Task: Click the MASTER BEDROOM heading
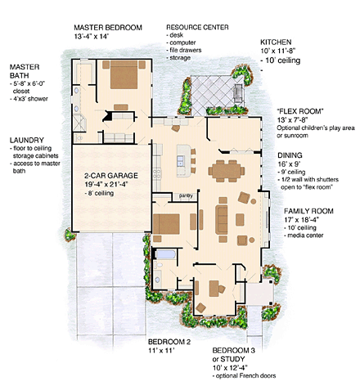(x=108, y=28)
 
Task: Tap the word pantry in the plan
(x=186, y=195)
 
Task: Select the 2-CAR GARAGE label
(x=111, y=176)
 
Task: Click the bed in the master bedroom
(x=124, y=74)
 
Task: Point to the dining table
(x=227, y=171)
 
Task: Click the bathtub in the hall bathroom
(x=166, y=254)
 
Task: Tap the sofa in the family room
(x=222, y=220)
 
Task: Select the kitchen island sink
(x=180, y=161)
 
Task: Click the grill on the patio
(x=238, y=93)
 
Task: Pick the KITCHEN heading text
(x=276, y=43)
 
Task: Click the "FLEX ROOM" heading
(x=300, y=111)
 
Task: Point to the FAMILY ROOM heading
(x=308, y=211)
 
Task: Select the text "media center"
(x=305, y=235)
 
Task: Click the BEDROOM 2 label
(x=169, y=342)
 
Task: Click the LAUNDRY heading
(x=26, y=141)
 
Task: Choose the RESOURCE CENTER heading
(x=197, y=27)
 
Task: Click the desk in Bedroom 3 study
(x=214, y=289)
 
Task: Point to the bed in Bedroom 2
(x=166, y=224)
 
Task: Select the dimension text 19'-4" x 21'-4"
(x=106, y=184)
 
